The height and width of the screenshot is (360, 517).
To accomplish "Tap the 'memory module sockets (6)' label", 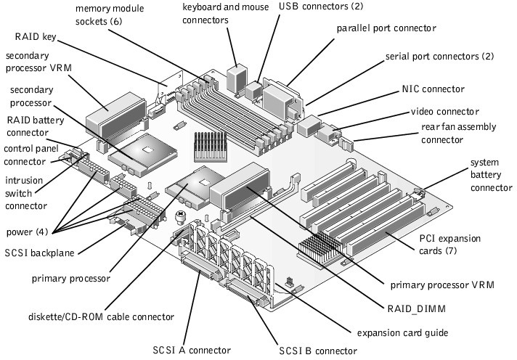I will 108,15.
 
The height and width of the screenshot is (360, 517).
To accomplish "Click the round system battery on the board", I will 181,216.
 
